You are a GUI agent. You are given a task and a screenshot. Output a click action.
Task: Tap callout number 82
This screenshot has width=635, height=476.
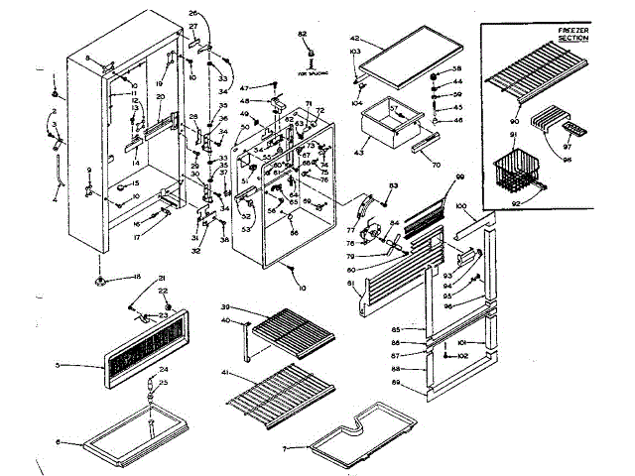(x=303, y=34)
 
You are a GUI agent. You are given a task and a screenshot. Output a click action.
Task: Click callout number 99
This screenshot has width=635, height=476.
(x=459, y=177)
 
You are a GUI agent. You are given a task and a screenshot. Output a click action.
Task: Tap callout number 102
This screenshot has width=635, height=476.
(x=490, y=354)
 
